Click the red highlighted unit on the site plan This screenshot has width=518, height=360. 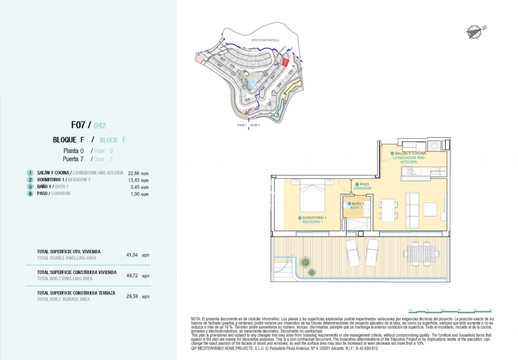[x=285, y=62]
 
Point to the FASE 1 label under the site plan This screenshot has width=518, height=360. [x=242, y=125]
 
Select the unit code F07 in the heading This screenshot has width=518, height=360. [x=78, y=125]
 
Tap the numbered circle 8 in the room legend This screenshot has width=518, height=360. [x=30, y=193]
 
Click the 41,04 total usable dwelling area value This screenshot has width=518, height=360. [x=132, y=255]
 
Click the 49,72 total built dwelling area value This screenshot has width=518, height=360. [x=132, y=276]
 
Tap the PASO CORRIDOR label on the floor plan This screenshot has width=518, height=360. [x=363, y=186]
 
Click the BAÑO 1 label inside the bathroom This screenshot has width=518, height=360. [x=355, y=205]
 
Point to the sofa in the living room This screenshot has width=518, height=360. [x=412, y=210]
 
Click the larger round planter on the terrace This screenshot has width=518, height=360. [x=305, y=262]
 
